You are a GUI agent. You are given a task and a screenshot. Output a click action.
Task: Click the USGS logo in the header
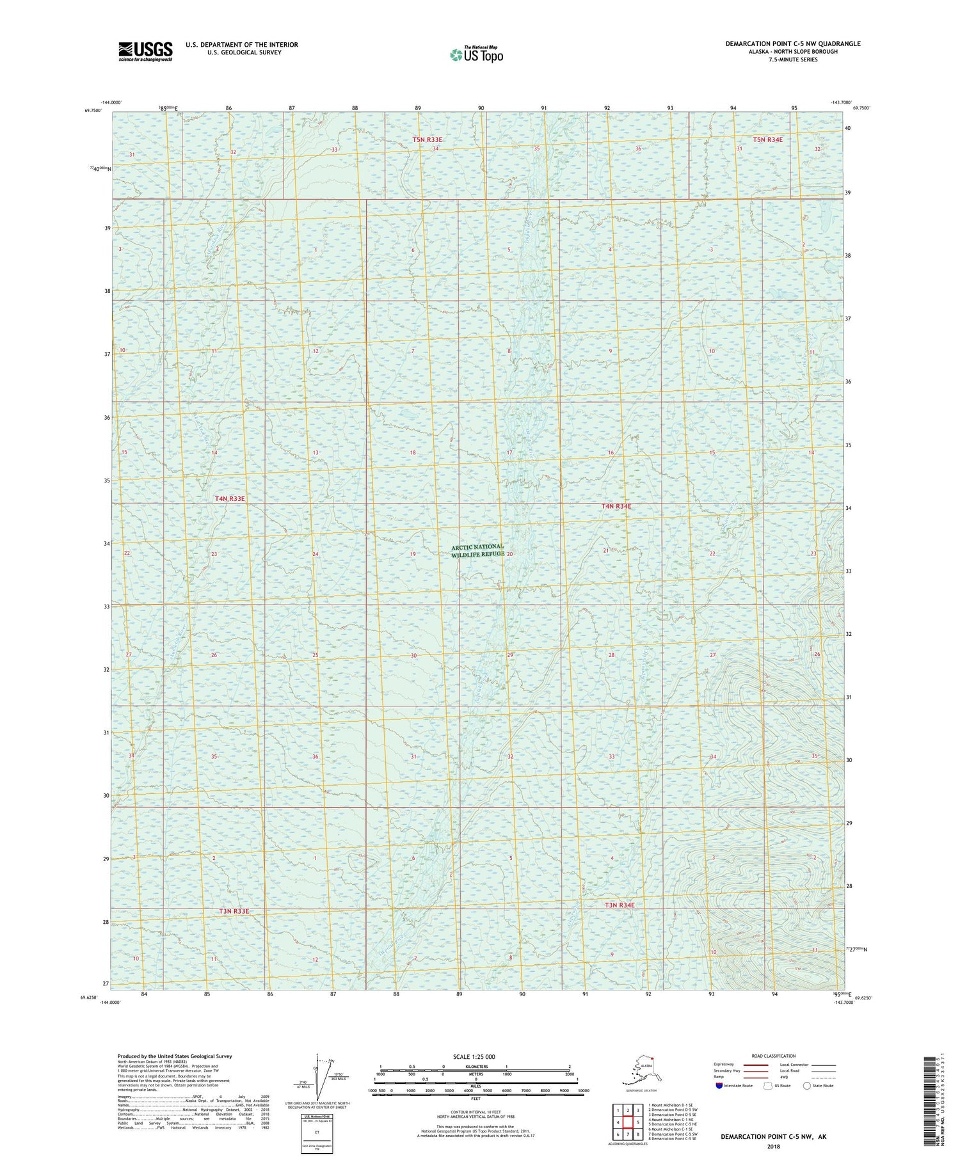tap(145, 51)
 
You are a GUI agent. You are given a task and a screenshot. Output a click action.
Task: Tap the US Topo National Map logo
tap(477, 54)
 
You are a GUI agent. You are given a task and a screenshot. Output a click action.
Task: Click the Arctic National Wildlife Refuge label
tap(477, 550)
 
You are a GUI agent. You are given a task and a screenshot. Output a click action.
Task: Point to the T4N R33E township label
tap(230, 498)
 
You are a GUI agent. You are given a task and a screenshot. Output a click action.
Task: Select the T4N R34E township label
tap(616, 506)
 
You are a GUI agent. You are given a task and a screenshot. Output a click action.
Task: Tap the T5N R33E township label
tap(427, 139)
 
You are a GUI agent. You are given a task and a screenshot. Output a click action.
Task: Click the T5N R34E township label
tap(767, 139)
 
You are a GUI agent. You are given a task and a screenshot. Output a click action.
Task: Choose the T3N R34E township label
tap(620, 905)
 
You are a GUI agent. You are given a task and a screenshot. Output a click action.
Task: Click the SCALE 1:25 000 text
tap(474, 1056)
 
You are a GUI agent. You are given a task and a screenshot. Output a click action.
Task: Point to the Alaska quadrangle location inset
tap(641, 1072)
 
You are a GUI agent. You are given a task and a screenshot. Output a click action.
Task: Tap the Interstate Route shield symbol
tap(719, 1086)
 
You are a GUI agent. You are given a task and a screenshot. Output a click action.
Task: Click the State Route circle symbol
tap(807, 1086)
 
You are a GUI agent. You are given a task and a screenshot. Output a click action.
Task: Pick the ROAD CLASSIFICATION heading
tap(773, 1056)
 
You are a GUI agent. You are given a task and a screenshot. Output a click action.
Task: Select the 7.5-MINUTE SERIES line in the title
tap(792, 60)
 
